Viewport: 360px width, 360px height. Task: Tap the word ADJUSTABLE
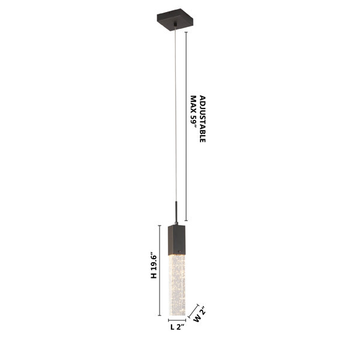coord(203,119)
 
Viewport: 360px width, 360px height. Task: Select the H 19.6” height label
coord(154,266)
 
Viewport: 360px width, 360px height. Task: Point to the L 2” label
coord(178,327)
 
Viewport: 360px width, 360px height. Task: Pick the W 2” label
coord(199,316)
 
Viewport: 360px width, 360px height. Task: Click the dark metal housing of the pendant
coord(176,239)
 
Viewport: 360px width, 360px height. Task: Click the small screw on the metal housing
coord(180,250)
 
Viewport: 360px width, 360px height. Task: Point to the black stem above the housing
coord(176,212)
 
